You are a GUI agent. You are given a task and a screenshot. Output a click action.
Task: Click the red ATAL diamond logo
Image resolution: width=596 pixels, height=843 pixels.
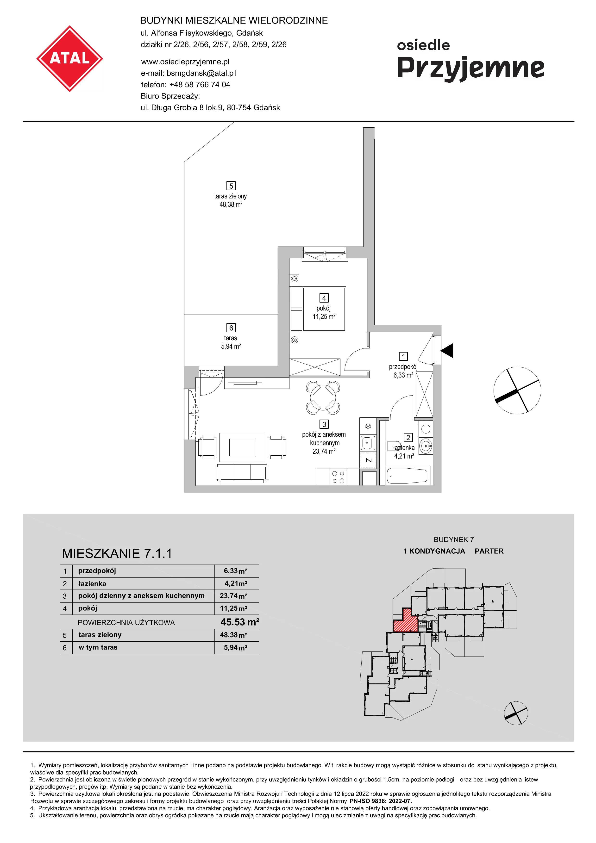click(69, 58)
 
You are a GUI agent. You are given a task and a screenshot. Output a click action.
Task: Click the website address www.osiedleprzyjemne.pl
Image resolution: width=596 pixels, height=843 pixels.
click(185, 62)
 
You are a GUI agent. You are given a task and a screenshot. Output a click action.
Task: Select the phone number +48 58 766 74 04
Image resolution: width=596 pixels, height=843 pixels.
click(200, 84)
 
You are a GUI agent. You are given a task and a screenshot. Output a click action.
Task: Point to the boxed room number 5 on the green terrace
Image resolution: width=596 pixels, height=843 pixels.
click(231, 186)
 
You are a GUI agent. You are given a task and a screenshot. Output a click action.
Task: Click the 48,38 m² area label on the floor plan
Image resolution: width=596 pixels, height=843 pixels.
click(231, 205)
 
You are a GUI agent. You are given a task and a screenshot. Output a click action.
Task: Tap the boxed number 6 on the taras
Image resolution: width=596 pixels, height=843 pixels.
click(231, 328)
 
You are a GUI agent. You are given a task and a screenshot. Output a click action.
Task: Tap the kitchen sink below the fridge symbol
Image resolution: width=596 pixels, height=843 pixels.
click(368, 443)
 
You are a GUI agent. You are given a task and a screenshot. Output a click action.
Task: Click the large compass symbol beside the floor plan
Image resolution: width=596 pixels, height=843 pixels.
click(517, 390)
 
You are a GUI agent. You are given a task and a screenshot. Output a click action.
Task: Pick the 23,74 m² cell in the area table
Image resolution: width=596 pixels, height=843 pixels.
click(233, 595)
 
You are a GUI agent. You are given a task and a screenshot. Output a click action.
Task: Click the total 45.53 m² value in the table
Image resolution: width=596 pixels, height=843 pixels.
click(240, 622)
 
